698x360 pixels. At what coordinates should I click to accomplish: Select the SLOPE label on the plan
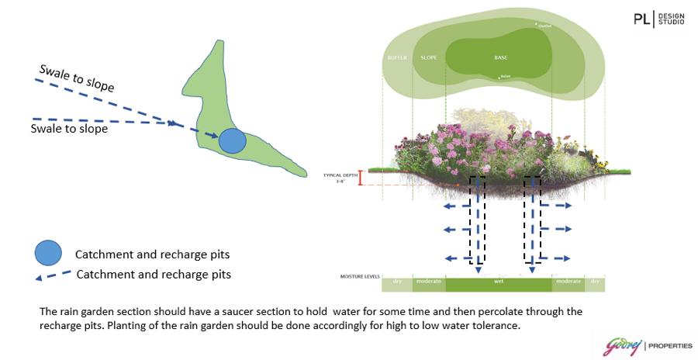pos(429,58)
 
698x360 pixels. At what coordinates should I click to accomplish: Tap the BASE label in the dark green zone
pos(500,58)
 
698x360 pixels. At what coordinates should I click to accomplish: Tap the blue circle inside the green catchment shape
pos(232,140)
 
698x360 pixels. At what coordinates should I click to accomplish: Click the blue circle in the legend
pos(48,253)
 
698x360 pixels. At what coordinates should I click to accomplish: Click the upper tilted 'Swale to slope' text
pos(81,78)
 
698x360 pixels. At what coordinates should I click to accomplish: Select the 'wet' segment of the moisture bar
pos(499,284)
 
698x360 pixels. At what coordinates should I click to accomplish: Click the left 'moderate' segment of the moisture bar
pos(428,284)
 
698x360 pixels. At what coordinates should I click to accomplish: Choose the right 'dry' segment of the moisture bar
pos(595,284)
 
